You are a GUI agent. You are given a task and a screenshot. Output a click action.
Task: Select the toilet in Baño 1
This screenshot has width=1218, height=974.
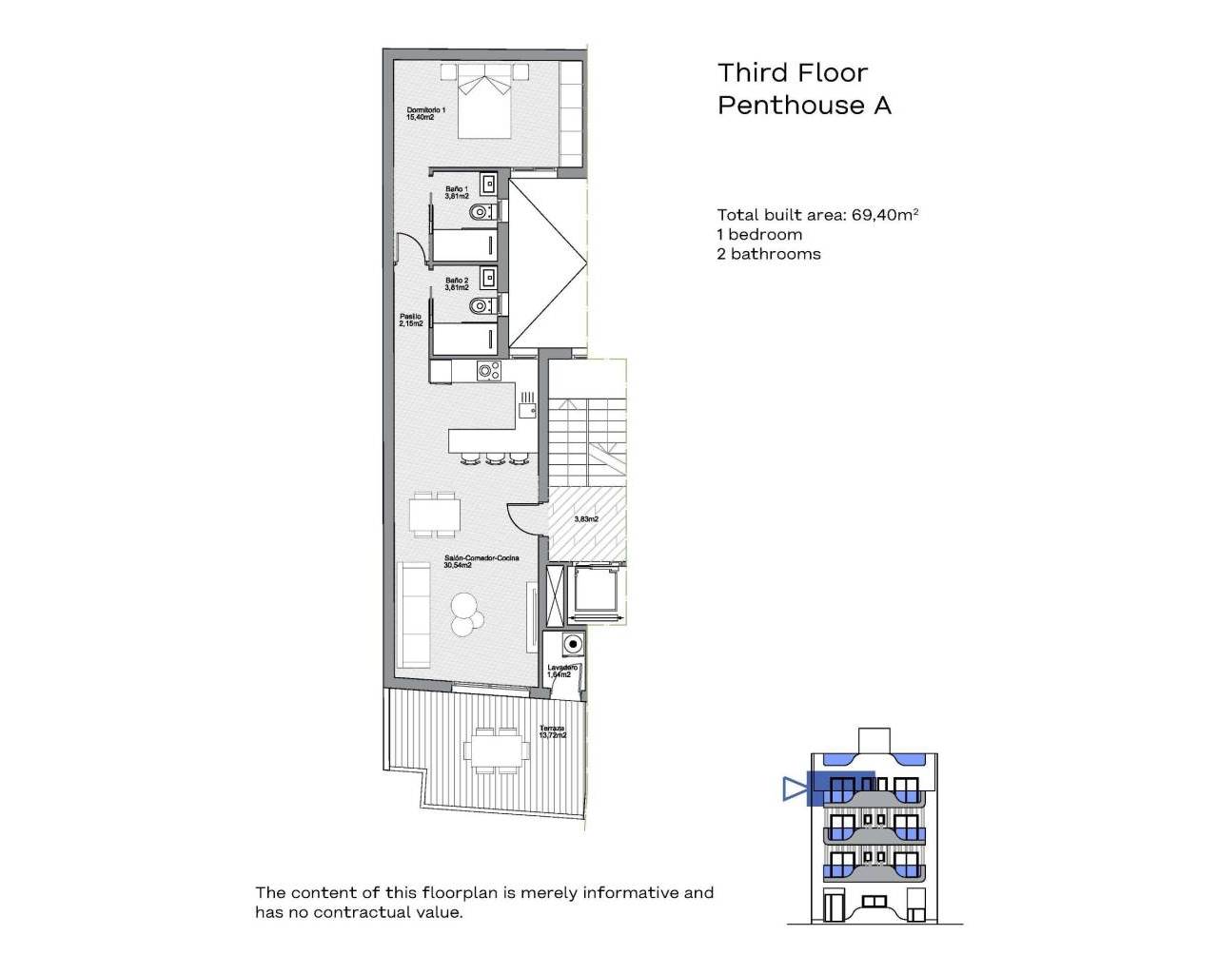(481, 211)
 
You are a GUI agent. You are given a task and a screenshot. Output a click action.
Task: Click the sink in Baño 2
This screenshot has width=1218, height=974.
(488, 277)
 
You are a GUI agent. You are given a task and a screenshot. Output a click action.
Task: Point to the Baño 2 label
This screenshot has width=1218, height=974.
(457, 283)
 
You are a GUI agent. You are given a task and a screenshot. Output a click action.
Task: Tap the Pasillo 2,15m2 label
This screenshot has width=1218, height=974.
(410, 320)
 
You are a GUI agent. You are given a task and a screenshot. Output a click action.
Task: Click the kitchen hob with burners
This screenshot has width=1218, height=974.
(489, 371)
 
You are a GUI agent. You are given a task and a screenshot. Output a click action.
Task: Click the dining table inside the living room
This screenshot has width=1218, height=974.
(435, 516)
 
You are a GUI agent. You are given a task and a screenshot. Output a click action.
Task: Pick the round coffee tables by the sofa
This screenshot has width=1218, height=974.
(464, 614)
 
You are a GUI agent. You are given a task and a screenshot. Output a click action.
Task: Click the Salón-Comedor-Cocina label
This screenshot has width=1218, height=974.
(481, 561)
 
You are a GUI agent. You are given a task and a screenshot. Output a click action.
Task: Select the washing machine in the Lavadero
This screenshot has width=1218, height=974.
(571, 645)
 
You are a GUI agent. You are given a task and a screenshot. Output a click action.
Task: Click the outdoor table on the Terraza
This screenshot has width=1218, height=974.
(497, 749)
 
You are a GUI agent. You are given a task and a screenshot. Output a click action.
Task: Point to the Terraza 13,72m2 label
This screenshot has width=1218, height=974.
(552, 731)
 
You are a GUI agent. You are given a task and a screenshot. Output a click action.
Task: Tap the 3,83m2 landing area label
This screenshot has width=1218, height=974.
(586, 519)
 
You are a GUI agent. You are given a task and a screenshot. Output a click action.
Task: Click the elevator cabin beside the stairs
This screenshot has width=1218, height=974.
(596, 594)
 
